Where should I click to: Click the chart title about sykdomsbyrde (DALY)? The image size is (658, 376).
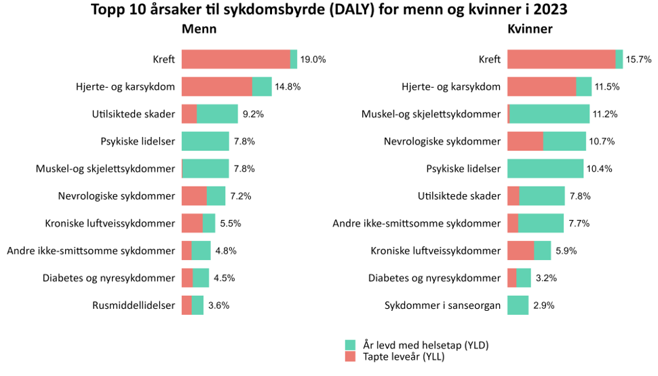coord(328,10)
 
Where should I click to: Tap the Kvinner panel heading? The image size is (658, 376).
coord(530,29)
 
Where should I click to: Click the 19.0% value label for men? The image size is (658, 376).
coord(313,60)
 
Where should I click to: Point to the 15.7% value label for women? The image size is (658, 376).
coord(638,60)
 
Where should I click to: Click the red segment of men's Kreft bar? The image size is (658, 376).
coord(235,60)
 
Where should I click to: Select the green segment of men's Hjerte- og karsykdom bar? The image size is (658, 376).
coord(262,87)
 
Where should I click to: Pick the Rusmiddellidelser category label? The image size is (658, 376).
coord(134,305)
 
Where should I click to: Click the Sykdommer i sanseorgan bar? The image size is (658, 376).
coord(518,305)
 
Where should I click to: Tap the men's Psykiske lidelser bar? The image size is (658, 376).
coord(205,141)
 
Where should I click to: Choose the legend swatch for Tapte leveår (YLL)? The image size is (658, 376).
coord(350,356)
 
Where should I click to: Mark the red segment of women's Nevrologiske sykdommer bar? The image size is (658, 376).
coord(525,141)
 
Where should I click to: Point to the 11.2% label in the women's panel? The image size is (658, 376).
coord(605,114)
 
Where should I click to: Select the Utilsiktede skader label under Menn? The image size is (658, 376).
coord(134,114)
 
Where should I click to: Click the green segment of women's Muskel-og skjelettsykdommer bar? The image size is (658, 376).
coord(549,114)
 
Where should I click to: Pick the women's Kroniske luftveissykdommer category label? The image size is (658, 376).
coord(436,250)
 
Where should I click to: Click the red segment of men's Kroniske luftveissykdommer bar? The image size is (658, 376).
coord(192,223)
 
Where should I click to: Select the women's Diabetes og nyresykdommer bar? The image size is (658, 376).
coord(519,278)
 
